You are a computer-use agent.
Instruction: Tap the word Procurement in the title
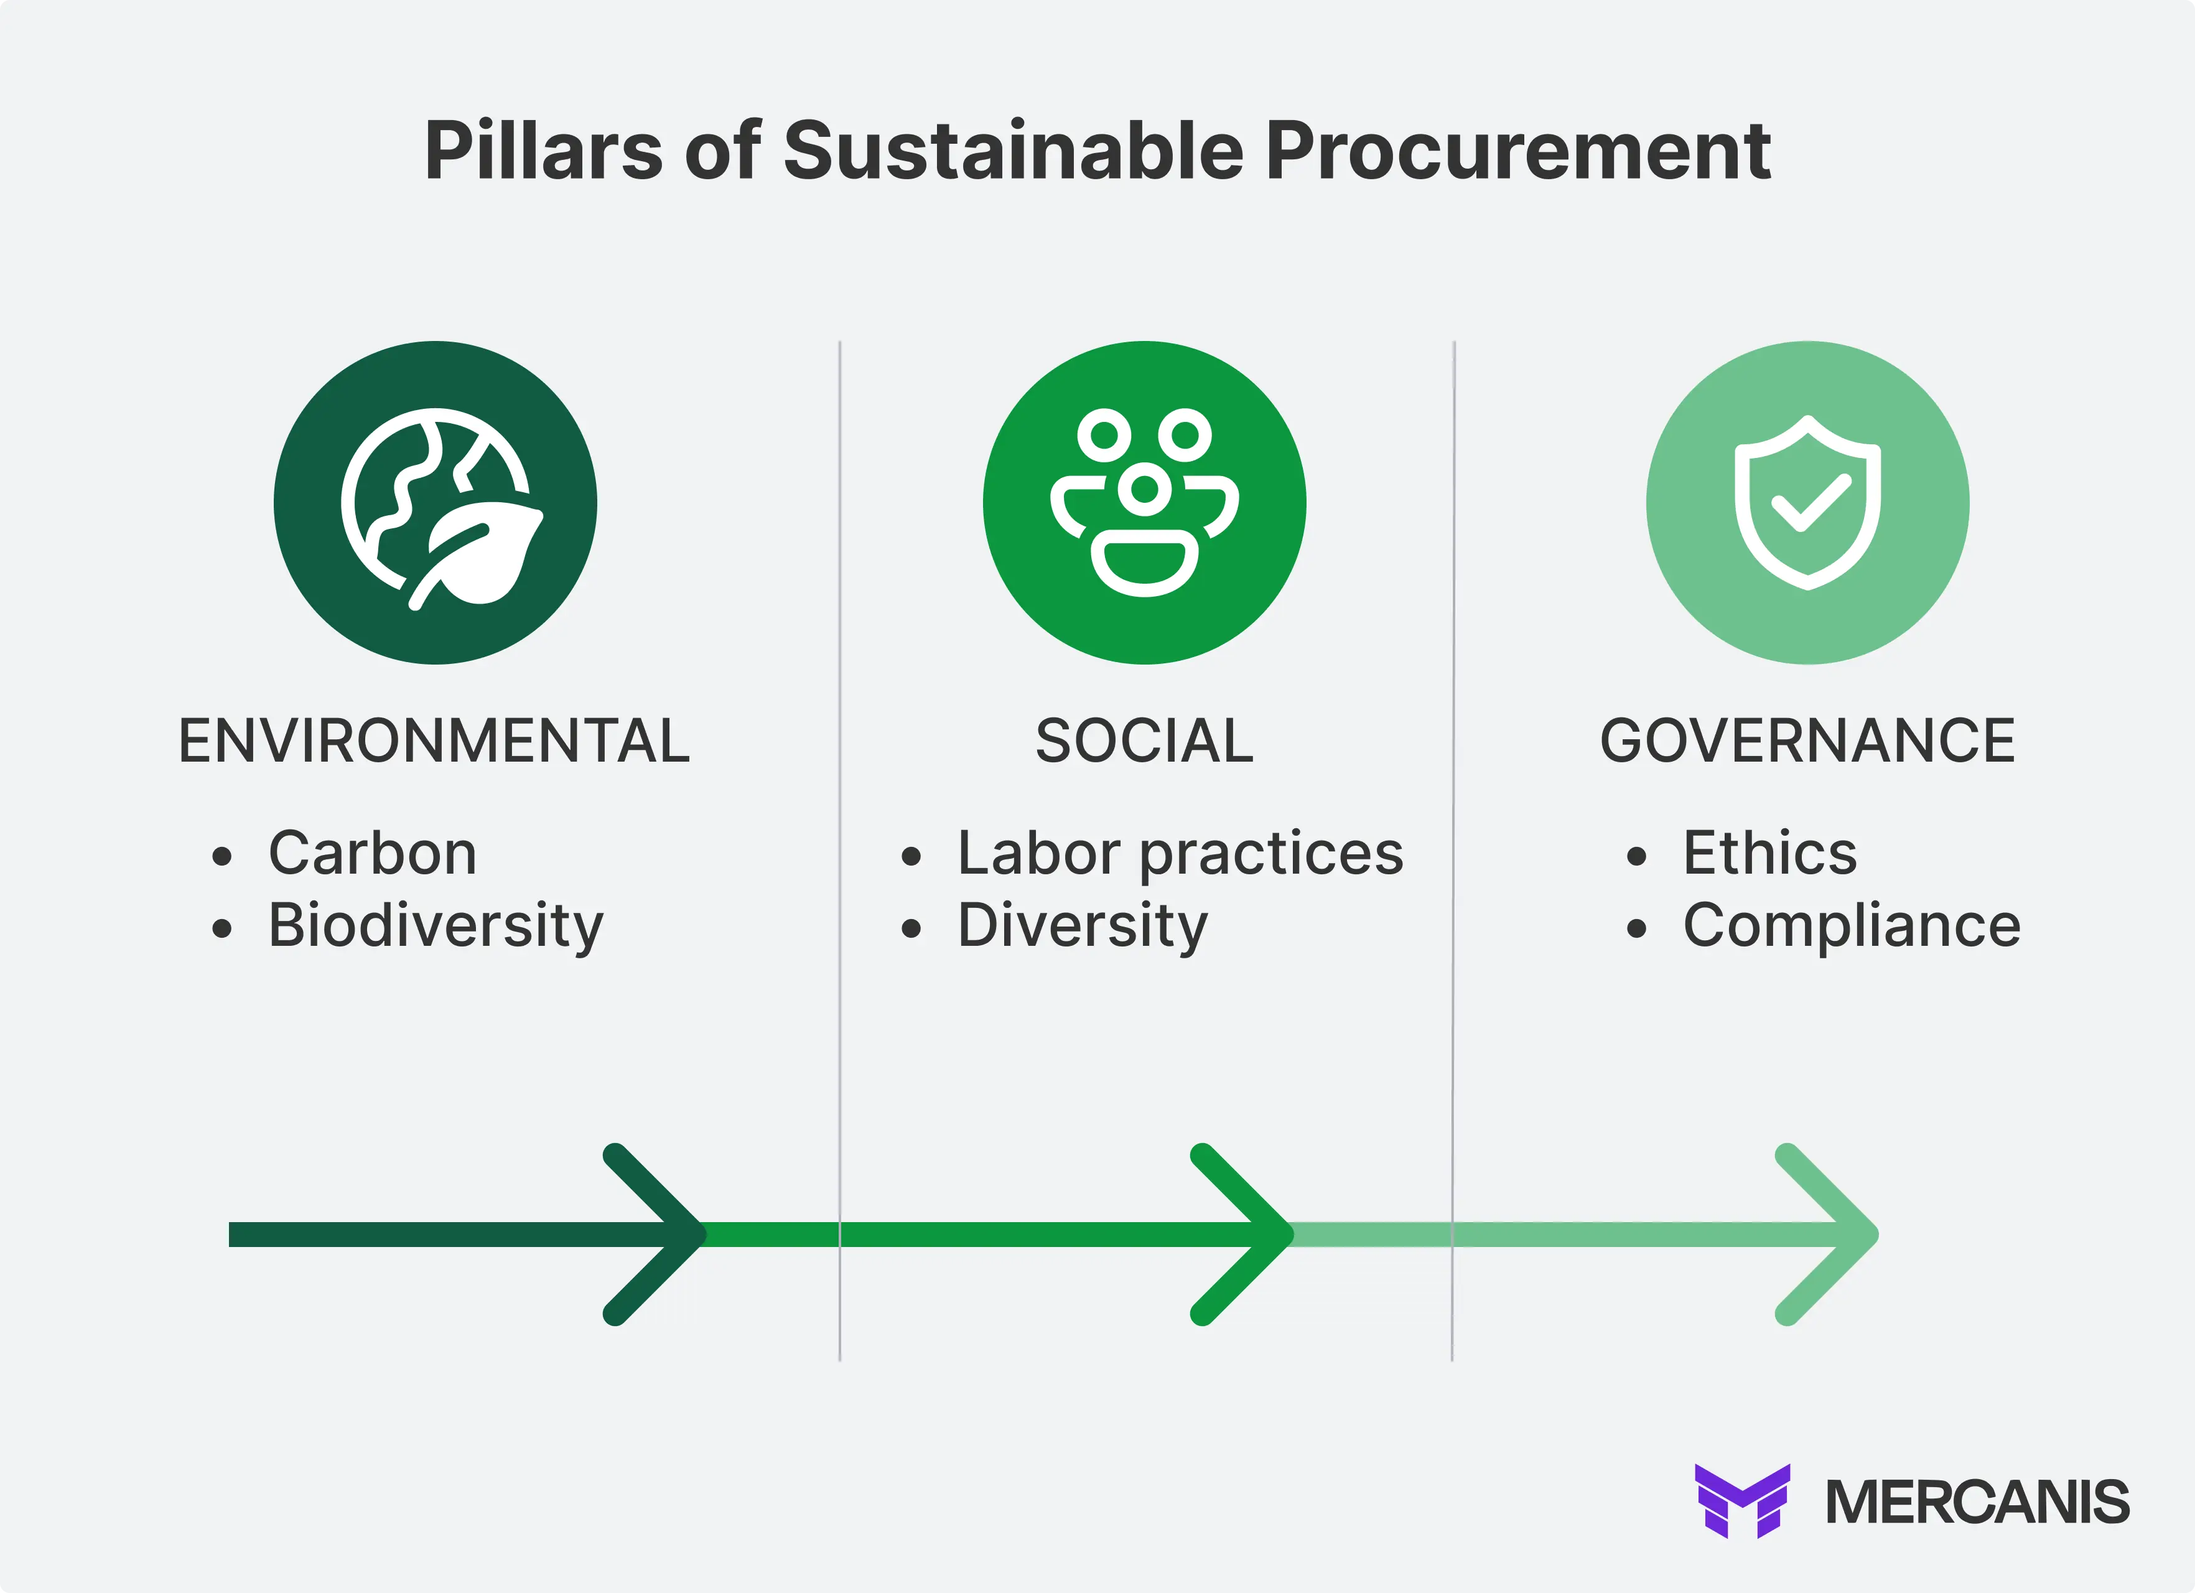click(x=1517, y=151)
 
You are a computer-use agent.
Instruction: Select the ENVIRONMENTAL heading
click(x=434, y=741)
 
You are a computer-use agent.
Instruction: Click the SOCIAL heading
click(x=1144, y=741)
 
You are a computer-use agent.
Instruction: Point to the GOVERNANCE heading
click(x=1807, y=741)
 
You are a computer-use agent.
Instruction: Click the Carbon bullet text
click(x=373, y=854)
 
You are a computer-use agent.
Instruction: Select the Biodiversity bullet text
click(x=436, y=926)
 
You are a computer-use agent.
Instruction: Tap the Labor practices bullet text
click(x=1180, y=854)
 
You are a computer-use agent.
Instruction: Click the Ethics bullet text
click(x=1770, y=854)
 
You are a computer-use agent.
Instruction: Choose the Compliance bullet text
click(x=1852, y=926)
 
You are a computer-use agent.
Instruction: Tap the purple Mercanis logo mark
click(x=1742, y=1501)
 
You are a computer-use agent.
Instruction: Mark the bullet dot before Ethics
click(x=1636, y=856)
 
